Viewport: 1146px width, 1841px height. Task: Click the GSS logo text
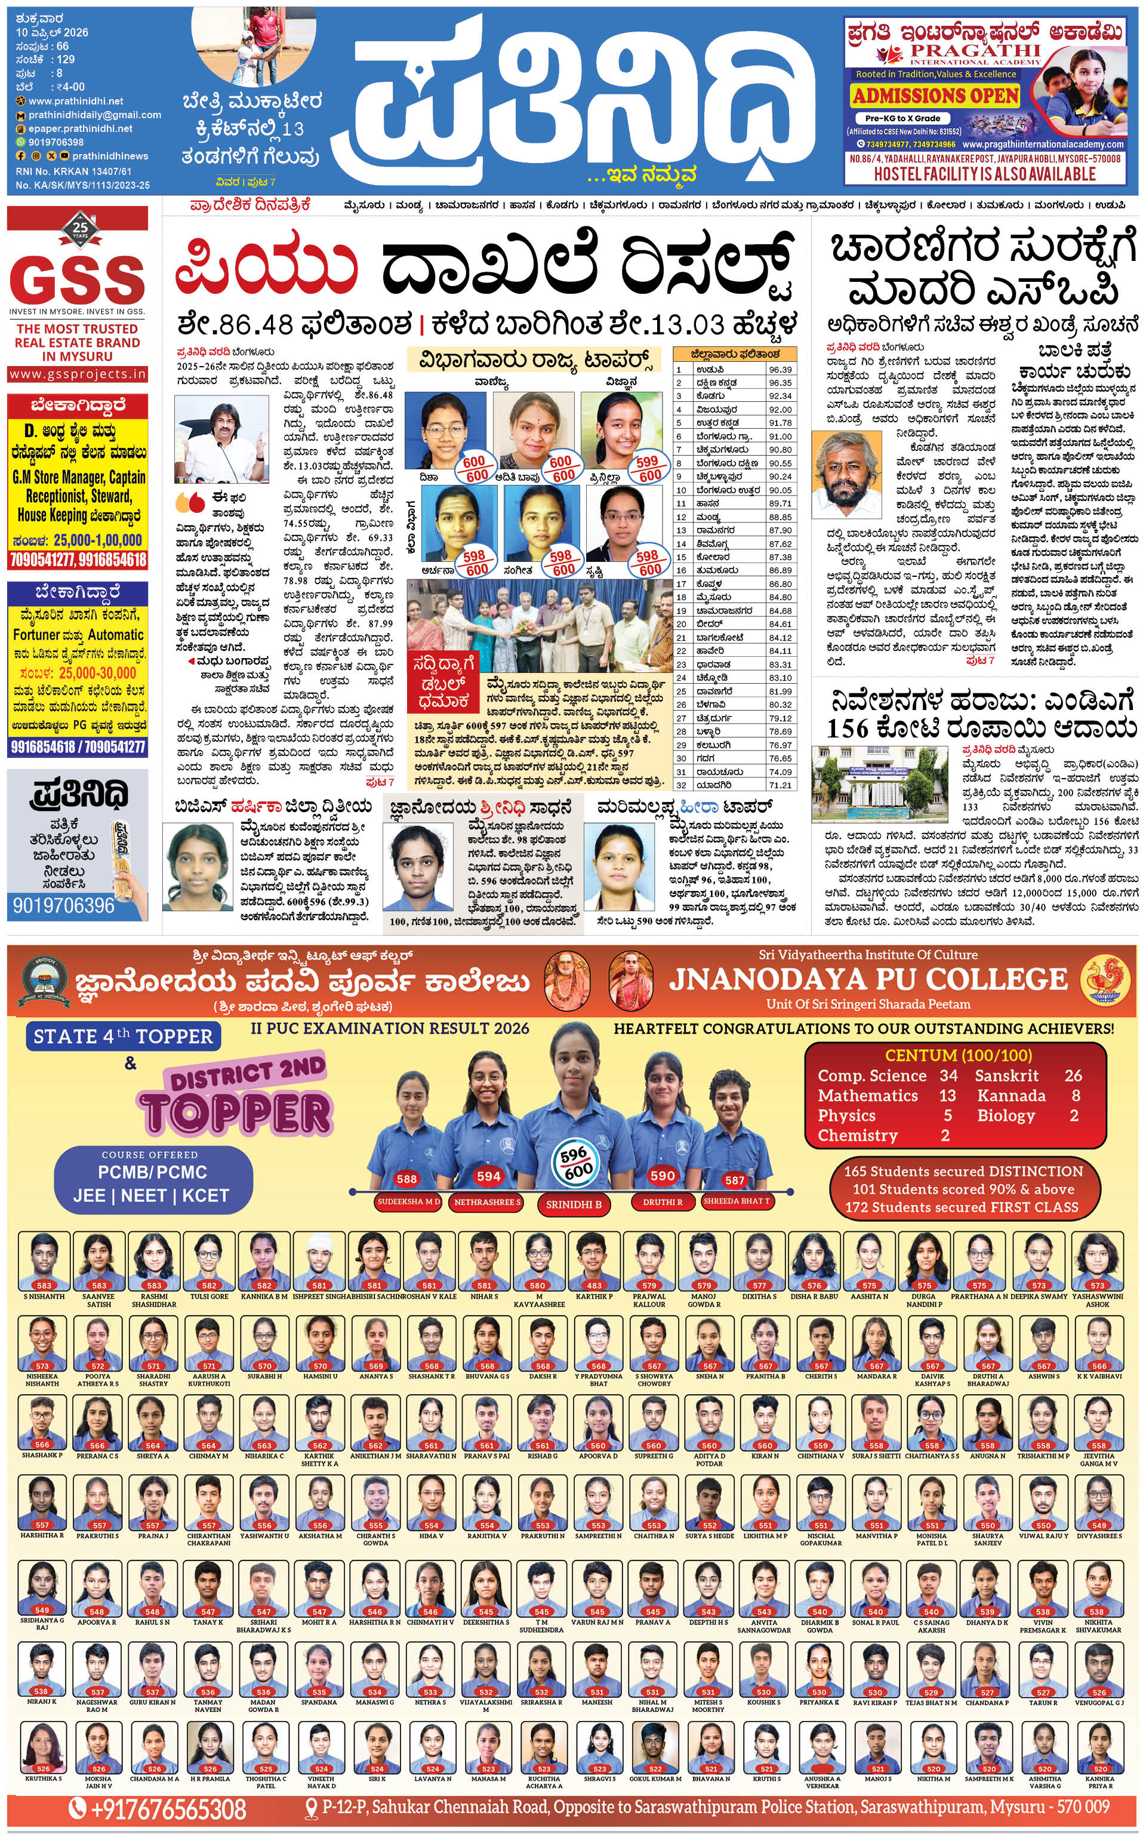coord(78,278)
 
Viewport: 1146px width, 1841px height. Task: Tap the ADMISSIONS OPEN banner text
coord(935,96)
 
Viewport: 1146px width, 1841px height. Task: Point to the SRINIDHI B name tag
coord(574,1204)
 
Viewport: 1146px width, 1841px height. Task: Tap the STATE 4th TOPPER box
coord(123,1037)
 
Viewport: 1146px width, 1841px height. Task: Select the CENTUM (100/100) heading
coord(958,1055)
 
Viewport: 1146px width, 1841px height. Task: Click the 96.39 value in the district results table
coord(780,369)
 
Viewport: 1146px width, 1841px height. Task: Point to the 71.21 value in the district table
coord(780,785)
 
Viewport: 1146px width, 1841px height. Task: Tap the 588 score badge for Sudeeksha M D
coord(406,1178)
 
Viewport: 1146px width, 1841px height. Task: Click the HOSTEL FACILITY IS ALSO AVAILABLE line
coord(985,174)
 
